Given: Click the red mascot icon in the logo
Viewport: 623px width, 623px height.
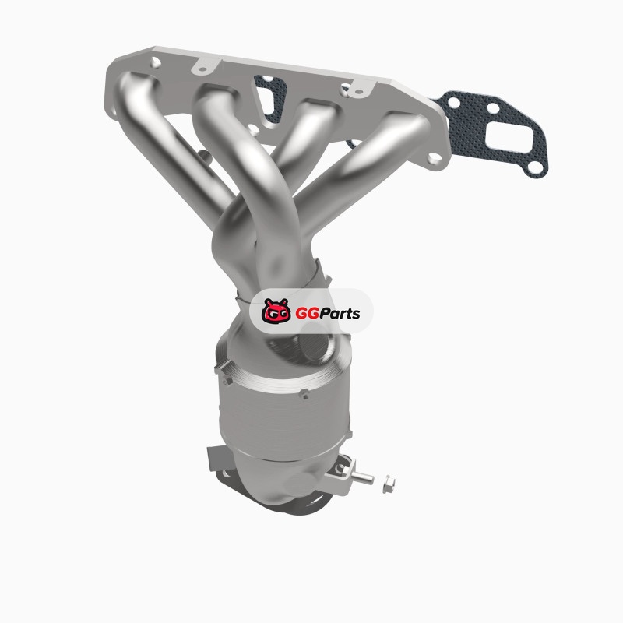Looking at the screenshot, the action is [276, 311].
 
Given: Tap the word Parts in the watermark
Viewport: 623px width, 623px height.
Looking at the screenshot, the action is [339, 314].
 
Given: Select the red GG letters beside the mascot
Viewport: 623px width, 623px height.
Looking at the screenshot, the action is [306, 314].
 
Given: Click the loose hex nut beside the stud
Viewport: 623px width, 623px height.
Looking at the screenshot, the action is [389, 484].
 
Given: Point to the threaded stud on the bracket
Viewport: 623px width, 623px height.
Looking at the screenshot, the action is [361, 476].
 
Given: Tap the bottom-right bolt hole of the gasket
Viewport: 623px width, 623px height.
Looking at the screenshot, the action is [536, 167].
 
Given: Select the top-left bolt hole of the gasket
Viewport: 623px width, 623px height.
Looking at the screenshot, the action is [454, 104].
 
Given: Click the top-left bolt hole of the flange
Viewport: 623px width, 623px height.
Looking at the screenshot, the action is [155, 62].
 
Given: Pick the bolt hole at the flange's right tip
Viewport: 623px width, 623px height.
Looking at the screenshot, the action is [435, 159].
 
